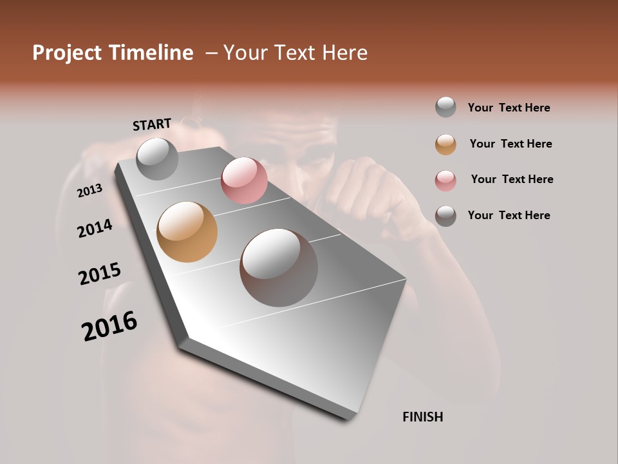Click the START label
[152, 124]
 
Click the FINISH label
[422, 417]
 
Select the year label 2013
[90, 190]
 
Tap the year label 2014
[95, 229]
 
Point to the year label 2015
[100, 274]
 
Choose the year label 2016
[109, 326]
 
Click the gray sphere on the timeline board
[157, 159]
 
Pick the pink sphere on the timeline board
[244, 180]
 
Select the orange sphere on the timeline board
[187, 232]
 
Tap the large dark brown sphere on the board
[278, 267]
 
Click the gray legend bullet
[445, 108]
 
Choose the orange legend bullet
[445, 144]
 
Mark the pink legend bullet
[445, 180]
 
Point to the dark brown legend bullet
[445, 216]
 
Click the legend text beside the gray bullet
[509, 108]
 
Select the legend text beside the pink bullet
[512, 179]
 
